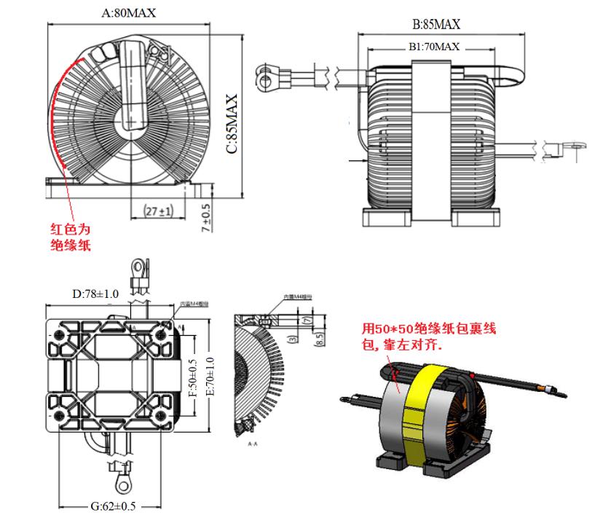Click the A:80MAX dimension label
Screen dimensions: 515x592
(x=129, y=12)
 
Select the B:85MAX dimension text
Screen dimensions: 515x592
(x=436, y=24)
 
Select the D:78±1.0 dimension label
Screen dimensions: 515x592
(x=95, y=294)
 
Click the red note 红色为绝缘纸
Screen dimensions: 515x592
(x=69, y=237)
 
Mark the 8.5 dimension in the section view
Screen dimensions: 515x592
(x=320, y=339)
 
